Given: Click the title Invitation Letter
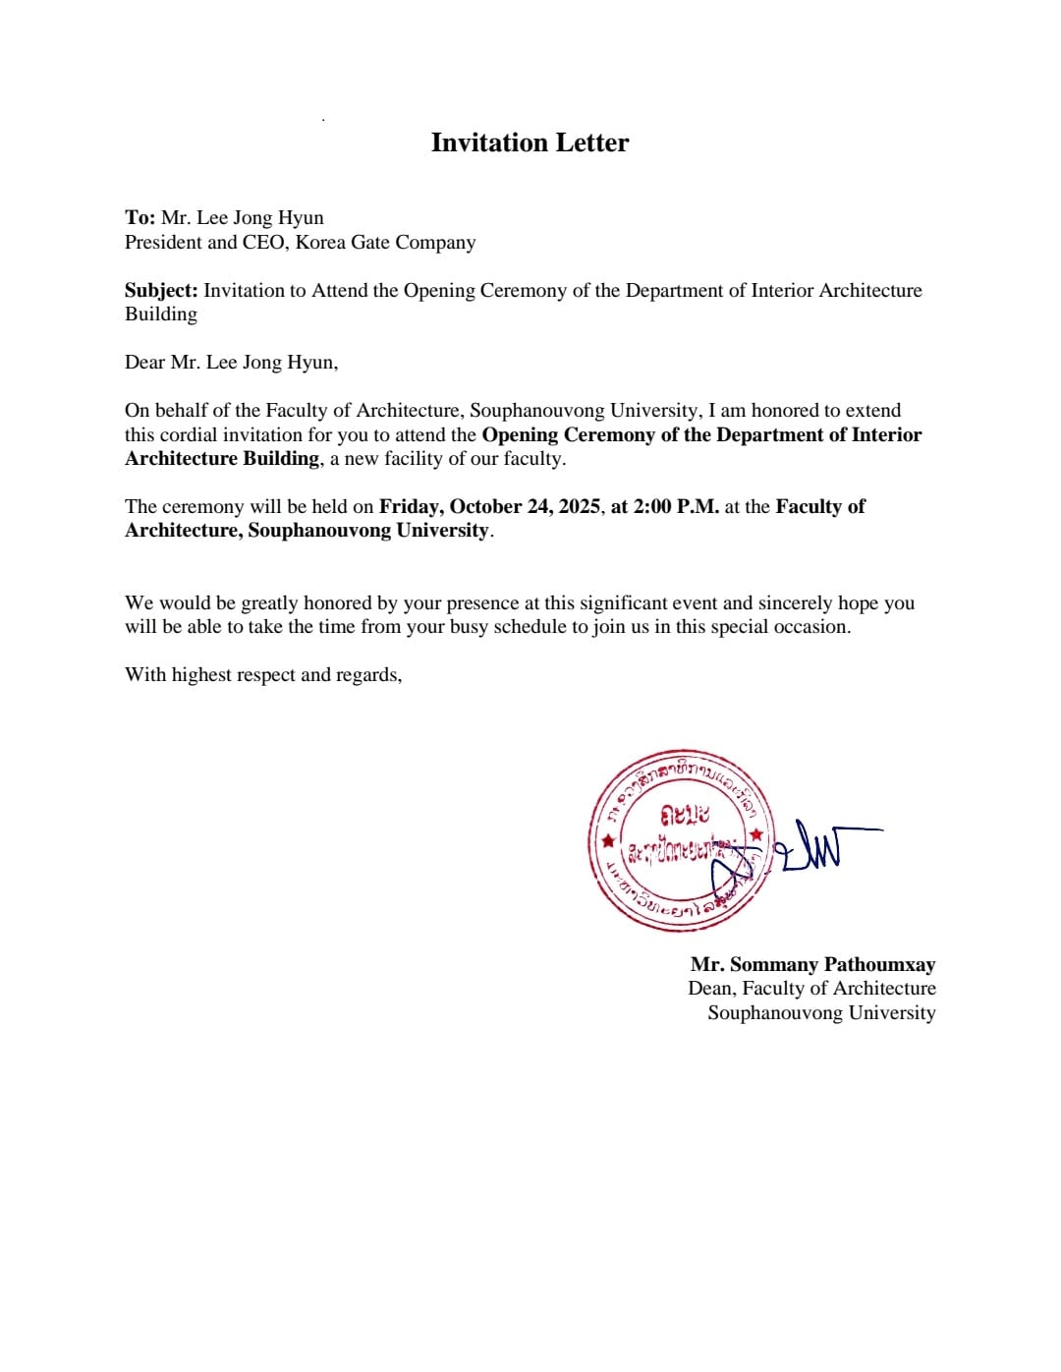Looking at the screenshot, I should point(530,143).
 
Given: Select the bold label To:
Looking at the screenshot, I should point(140,218).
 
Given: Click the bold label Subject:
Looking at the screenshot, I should point(161,291).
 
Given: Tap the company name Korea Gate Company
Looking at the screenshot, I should point(385,243).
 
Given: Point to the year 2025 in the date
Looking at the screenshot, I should point(580,507).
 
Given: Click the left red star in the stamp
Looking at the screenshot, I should point(609,841).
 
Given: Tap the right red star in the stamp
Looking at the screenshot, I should point(755,834).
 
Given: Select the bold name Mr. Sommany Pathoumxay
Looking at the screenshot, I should point(812,965).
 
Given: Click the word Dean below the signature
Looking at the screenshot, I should point(710,989).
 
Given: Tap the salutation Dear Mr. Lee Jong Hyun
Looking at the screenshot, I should point(231,363).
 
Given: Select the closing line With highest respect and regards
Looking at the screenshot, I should point(263,675).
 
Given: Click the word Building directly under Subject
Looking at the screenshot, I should point(161,314).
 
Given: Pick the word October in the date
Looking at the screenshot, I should point(485,507).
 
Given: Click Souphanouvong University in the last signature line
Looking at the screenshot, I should point(821,1013).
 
